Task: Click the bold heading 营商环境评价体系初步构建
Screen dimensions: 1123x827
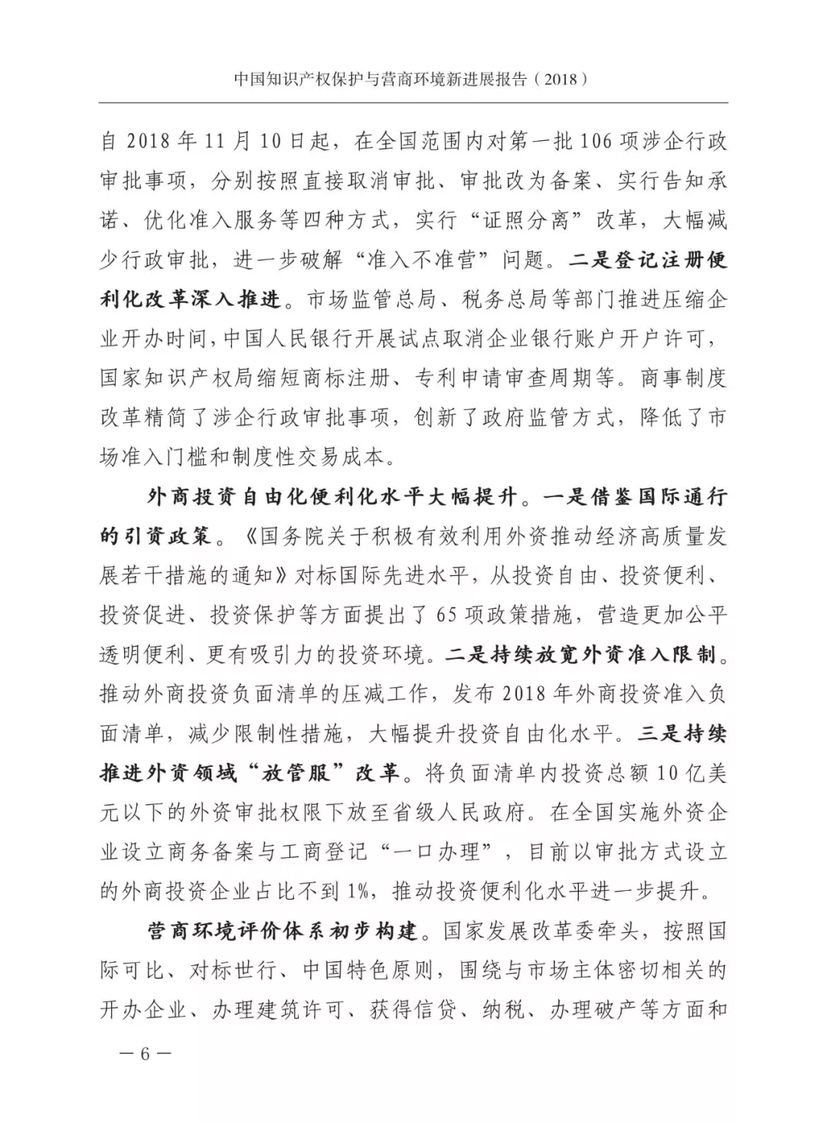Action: coord(283,931)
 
